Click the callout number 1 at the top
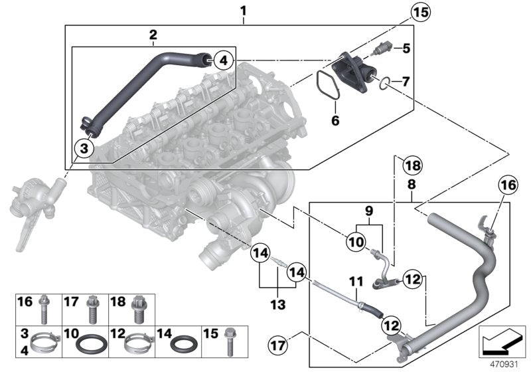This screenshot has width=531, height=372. (243, 11)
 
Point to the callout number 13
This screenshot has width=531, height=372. (277, 304)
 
